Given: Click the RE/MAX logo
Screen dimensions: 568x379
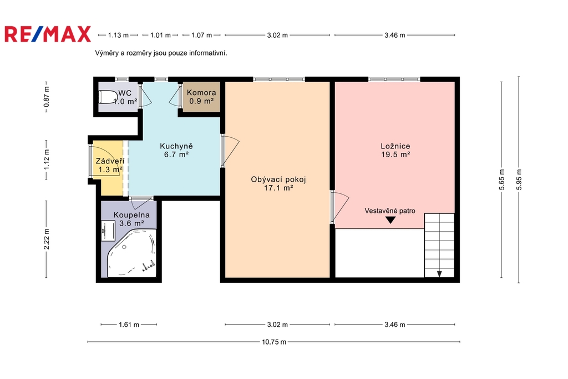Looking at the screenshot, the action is (48, 34).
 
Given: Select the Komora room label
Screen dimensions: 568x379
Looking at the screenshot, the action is (201, 97).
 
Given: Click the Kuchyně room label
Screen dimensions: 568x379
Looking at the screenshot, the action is (176, 150).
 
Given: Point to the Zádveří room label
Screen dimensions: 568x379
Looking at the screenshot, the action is (110, 165).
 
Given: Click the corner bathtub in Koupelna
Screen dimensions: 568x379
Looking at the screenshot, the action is (132, 253).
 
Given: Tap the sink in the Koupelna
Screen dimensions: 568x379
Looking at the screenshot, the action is (108, 231).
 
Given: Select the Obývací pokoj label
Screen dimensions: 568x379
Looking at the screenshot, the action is (278, 184).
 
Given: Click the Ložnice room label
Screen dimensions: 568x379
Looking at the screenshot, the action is (395, 150).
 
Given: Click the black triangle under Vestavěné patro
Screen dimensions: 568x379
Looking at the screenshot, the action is (390, 220).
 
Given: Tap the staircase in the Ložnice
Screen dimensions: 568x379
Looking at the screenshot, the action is (439, 246).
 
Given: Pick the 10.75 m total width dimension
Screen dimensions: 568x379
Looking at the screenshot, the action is (274, 342).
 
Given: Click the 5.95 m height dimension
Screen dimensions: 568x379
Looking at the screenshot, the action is (519, 179).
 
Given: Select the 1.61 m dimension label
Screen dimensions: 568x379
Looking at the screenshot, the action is (129, 325).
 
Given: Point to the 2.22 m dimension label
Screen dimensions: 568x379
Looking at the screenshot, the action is (47, 239).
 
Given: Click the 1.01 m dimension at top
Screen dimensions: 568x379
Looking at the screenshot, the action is (160, 35).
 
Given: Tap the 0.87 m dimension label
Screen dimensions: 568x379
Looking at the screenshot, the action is (47, 97).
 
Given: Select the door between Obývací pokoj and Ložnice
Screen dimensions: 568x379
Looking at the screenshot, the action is (339, 206).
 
